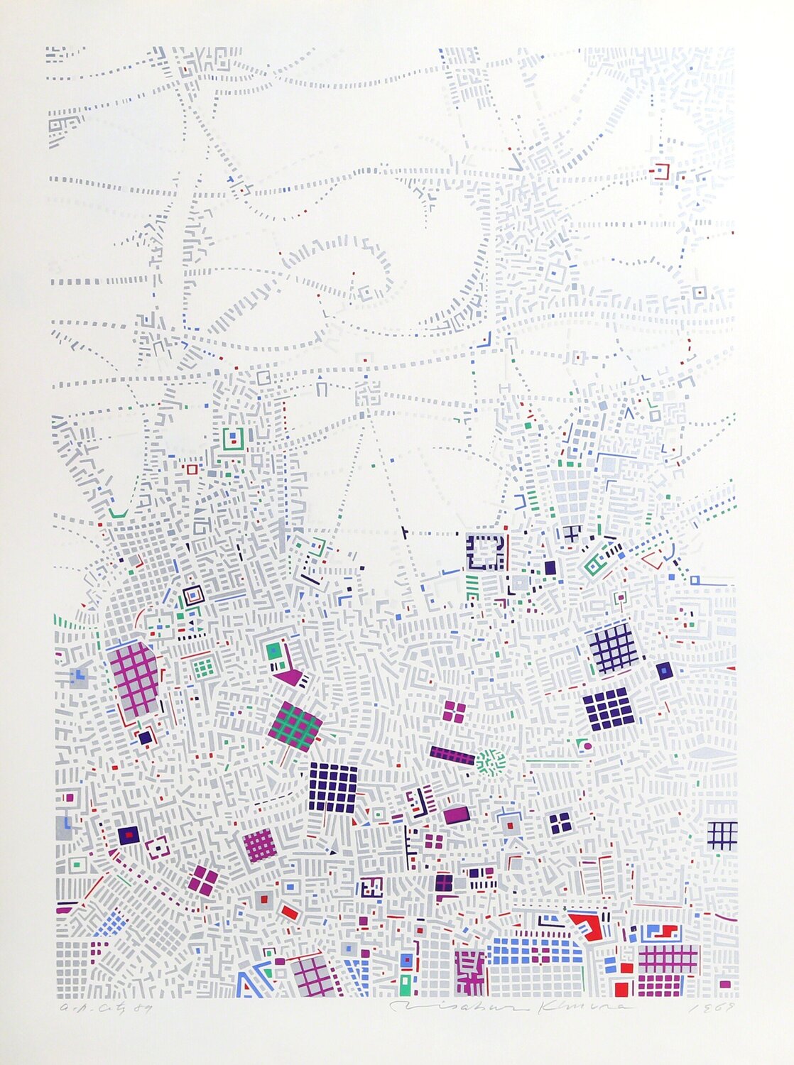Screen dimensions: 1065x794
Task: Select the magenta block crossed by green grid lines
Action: click(295, 726)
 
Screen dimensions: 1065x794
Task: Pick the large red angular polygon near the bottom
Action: click(587, 924)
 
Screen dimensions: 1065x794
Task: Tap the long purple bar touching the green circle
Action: click(452, 755)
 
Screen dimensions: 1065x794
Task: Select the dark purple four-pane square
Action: click(560, 822)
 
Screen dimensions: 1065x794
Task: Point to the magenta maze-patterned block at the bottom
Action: click(470, 971)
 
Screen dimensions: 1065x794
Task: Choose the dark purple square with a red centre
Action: click(129, 835)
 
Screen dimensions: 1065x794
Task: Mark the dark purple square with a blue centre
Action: click(664, 670)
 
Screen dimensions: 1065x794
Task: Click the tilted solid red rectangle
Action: click(288, 912)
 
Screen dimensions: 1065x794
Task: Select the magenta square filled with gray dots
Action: click(259, 845)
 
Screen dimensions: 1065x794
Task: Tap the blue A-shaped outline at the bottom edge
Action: click(248, 983)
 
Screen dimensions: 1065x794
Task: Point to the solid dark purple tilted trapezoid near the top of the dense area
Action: click(550, 568)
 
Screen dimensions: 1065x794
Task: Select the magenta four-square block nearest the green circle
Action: click(454, 711)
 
